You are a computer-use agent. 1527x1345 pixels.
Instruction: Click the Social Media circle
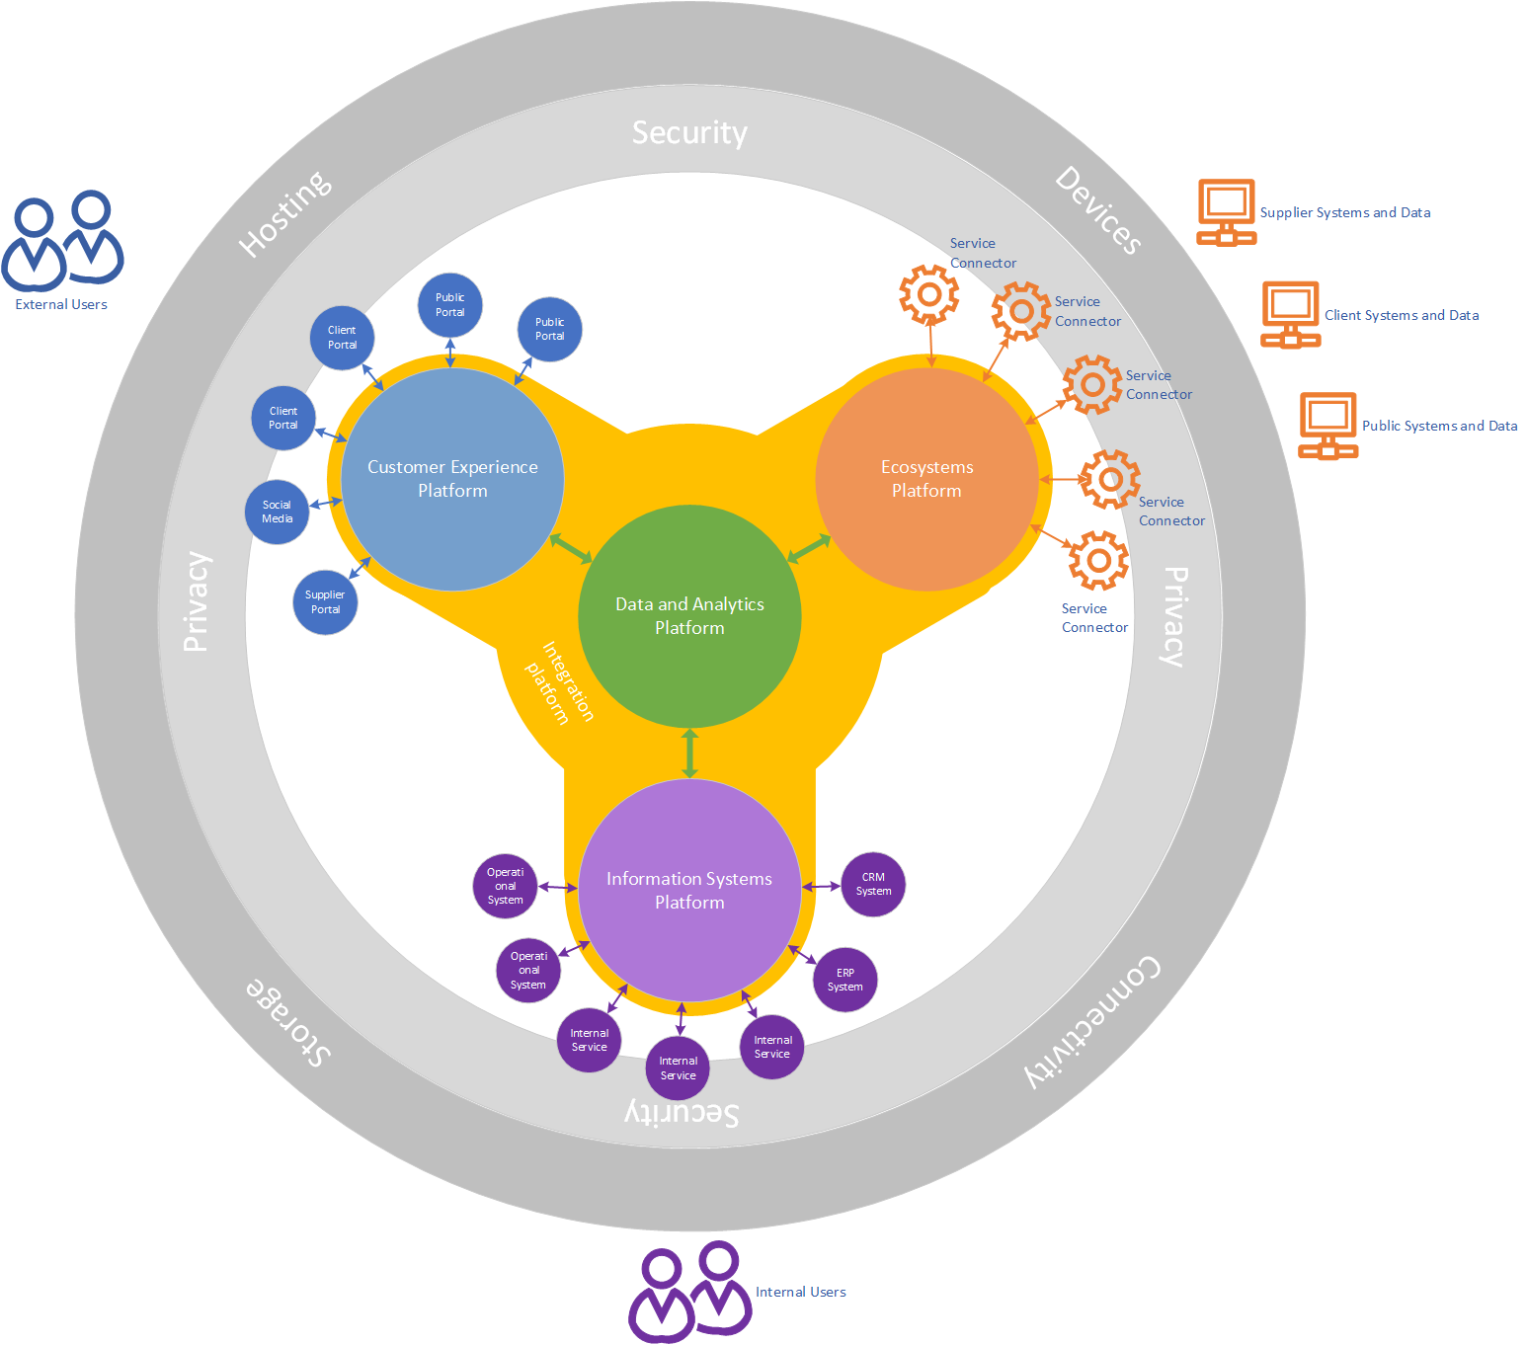click(277, 512)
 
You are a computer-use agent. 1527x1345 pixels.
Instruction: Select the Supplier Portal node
click(325, 602)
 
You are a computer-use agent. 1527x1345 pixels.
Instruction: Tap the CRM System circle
click(873, 884)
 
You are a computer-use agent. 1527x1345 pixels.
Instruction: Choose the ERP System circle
click(845, 980)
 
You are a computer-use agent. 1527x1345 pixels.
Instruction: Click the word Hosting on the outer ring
click(285, 213)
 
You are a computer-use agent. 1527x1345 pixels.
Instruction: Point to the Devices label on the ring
click(1099, 209)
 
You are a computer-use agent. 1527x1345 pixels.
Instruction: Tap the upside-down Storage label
click(287, 1021)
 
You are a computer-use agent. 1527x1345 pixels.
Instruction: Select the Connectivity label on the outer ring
click(1092, 1021)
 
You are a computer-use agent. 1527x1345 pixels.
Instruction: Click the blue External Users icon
click(62, 241)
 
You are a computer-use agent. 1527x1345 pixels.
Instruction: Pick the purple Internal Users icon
click(690, 1291)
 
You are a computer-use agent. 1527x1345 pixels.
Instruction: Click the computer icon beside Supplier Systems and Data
click(1226, 211)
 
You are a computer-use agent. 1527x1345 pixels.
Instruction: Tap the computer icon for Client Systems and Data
click(1290, 314)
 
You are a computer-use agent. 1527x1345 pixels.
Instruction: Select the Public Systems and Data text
click(1439, 426)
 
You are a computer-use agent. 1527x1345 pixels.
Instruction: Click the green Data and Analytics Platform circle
click(689, 616)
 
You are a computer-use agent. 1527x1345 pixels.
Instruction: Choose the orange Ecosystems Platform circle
click(926, 479)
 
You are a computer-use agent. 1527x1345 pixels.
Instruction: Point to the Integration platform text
click(560, 681)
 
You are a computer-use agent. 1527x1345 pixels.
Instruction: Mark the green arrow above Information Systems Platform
click(689, 753)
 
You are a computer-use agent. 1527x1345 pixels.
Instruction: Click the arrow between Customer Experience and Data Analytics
click(570, 548)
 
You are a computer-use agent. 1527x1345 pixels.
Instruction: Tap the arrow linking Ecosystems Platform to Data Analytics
click(810, 548)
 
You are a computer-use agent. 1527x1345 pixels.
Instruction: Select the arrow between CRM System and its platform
click(821, 886)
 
